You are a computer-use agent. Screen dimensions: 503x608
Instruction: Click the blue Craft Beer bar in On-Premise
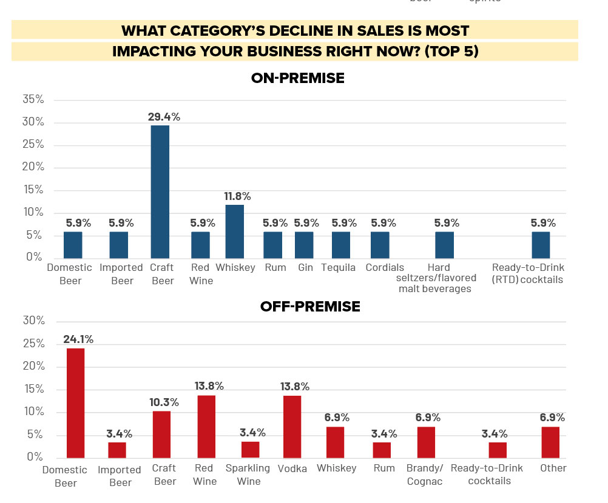[x=160, y=191]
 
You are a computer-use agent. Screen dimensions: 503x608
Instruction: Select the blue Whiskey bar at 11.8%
[x=235, y=231]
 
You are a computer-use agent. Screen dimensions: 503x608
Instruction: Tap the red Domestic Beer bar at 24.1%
[x=75, y=403]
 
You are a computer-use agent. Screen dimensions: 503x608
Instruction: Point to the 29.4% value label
[x=164, y=116]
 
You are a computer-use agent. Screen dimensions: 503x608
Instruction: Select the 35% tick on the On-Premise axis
[x=33, y=99]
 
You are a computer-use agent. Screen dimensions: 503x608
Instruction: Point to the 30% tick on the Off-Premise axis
[x=33, y=321]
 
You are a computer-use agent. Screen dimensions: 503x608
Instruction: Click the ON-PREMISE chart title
[x=297, y=78]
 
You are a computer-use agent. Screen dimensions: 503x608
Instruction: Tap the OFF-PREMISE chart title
[x=309, y=307]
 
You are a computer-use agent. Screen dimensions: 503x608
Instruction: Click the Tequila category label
[x=339, y=268]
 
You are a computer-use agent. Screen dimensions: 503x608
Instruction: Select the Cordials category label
[x=385, y=268]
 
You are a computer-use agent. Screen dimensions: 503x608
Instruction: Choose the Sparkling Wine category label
[x=248, y=475]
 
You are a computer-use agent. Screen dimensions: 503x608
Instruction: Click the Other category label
[x=553, y=468]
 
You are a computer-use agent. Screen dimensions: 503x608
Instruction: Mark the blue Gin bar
[x=304, y=244]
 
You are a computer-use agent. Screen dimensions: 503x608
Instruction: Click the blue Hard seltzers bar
[x=444, y=244]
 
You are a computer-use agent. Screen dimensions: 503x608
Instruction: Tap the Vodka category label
[x=292, y=468]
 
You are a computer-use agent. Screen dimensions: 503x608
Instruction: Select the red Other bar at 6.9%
[x=550, y=442]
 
